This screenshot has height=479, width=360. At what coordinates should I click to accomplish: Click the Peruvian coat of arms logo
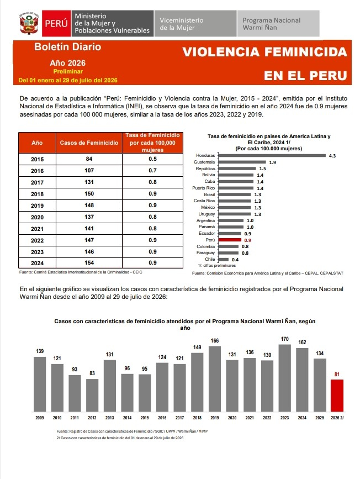(29, 23)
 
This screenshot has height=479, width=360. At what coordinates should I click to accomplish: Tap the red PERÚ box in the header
(56, 23)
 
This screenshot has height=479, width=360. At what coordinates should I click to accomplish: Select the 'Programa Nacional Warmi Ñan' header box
(278, 24)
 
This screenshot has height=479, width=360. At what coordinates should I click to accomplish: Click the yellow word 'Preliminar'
(68, 71)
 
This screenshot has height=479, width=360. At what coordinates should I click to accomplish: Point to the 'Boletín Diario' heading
(67, 47)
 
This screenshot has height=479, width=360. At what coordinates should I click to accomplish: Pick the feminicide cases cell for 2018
(89, 194)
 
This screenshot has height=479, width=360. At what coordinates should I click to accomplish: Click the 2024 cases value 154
(89, 263)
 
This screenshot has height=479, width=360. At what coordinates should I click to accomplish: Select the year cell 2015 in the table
(37, 159)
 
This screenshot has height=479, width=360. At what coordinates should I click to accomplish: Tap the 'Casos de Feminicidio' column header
(89, 143)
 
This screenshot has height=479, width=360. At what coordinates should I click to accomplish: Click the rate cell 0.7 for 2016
(153, 171)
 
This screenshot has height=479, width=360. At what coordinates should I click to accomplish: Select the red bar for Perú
(230, 240)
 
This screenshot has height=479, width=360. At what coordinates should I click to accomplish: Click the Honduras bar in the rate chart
(272, 155)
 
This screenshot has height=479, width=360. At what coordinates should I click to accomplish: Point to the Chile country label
(210, 259)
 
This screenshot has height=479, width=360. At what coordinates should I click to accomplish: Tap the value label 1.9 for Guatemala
(272, 162)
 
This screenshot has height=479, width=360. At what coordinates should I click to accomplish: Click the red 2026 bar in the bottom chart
(337, 396)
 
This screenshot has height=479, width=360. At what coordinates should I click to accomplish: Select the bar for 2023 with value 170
(284, 378)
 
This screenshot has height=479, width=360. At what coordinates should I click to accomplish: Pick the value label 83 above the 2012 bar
(92, 373)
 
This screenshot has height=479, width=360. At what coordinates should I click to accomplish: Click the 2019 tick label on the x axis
(215, 418)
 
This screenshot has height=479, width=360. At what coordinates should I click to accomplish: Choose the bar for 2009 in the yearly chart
(40, 385)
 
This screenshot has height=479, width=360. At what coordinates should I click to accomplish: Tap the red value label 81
(337, 374)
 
